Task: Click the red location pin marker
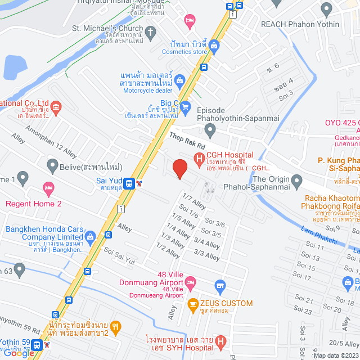pyautogui.click(x=179, y=169)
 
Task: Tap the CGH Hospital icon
pyautogui.click(x=199, y=159)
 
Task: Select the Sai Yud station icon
pyautogui.click(x=129, y=183)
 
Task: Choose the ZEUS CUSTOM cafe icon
pyautogui.click(x=193, y=304)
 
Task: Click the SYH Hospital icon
pyautogui.click(x=220, y=340)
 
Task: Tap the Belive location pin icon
pyautogui.click(x=52, y=166)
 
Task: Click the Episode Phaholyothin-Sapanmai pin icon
pyautogui.click(x=210, y=130)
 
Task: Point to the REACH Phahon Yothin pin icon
pyautogui.click(x=327, y=8)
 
